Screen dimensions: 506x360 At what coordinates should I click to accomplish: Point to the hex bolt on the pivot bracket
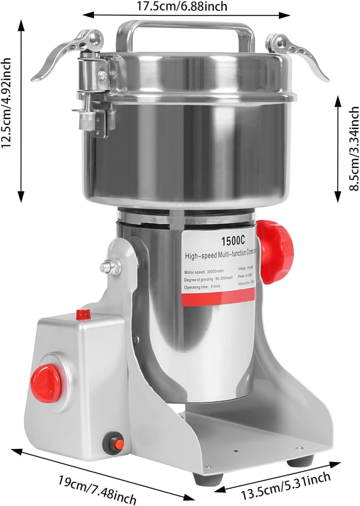tap(110, 267)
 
